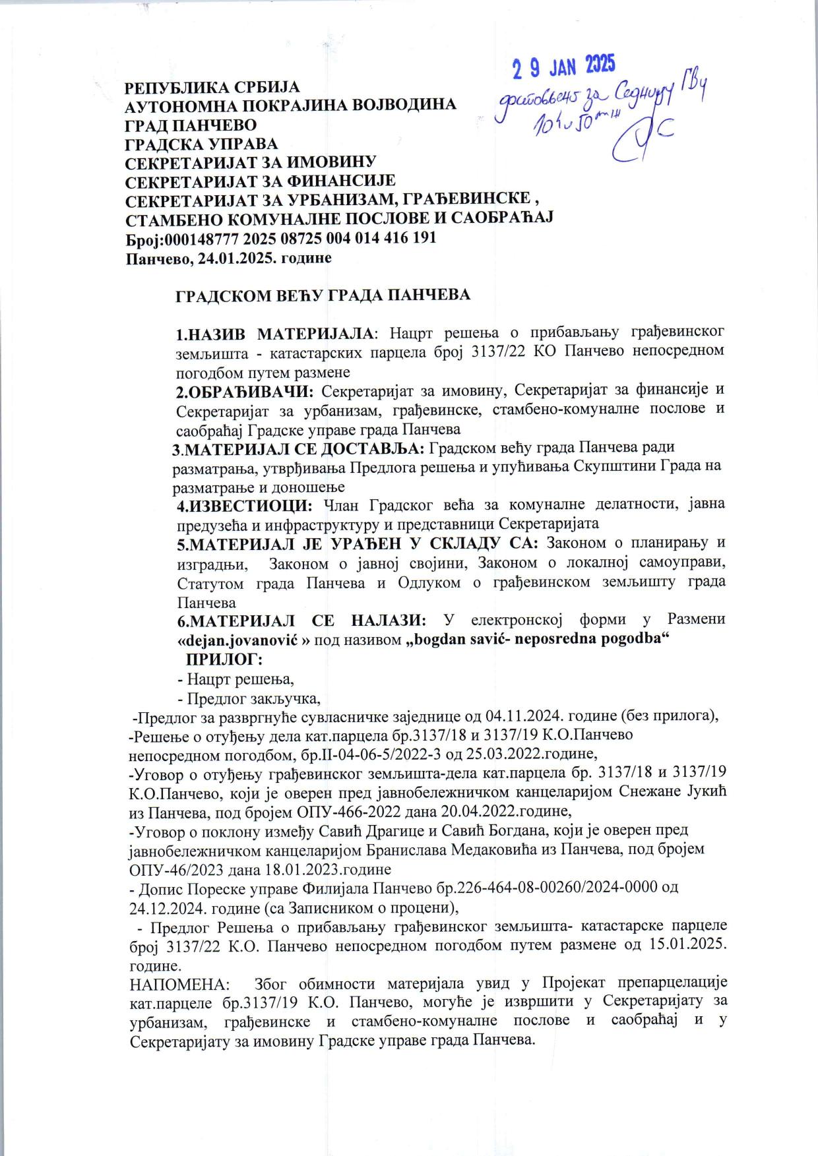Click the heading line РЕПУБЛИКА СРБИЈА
212,88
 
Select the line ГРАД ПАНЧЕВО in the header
191,125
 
